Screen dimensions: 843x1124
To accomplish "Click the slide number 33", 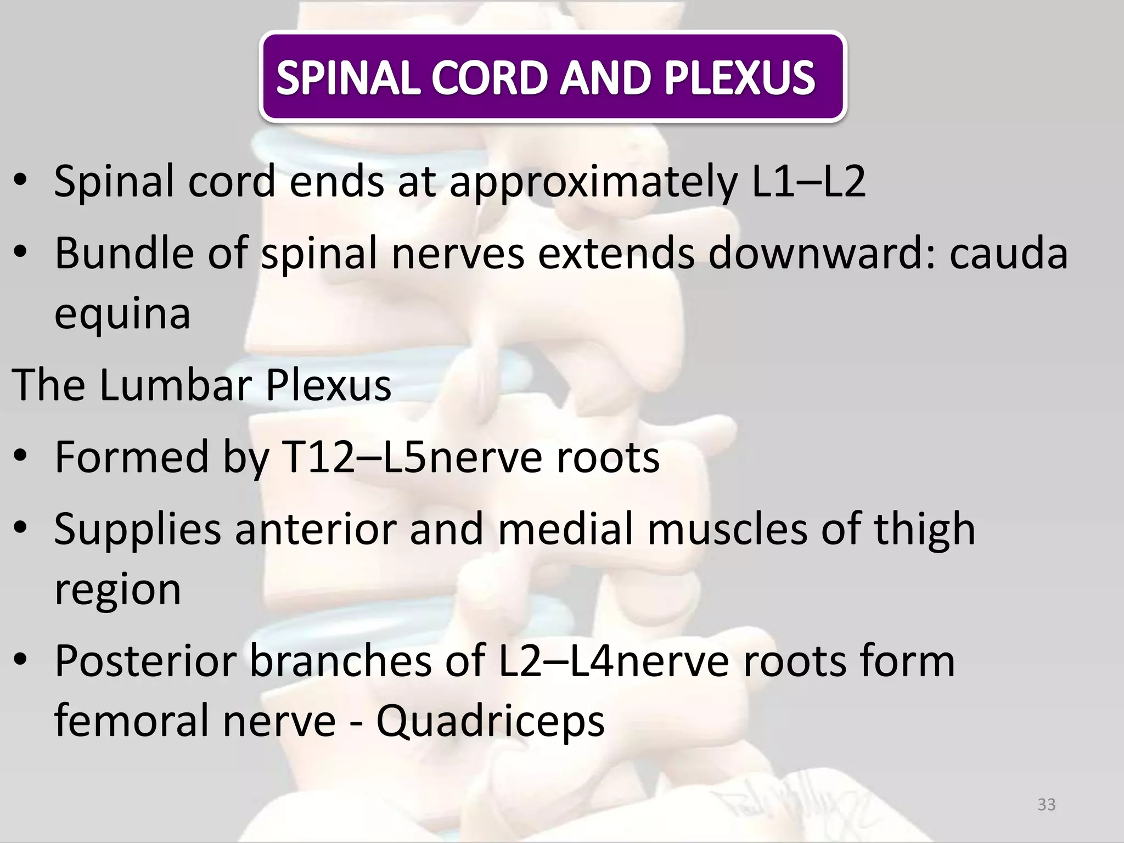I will click(x=1047, y=805).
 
